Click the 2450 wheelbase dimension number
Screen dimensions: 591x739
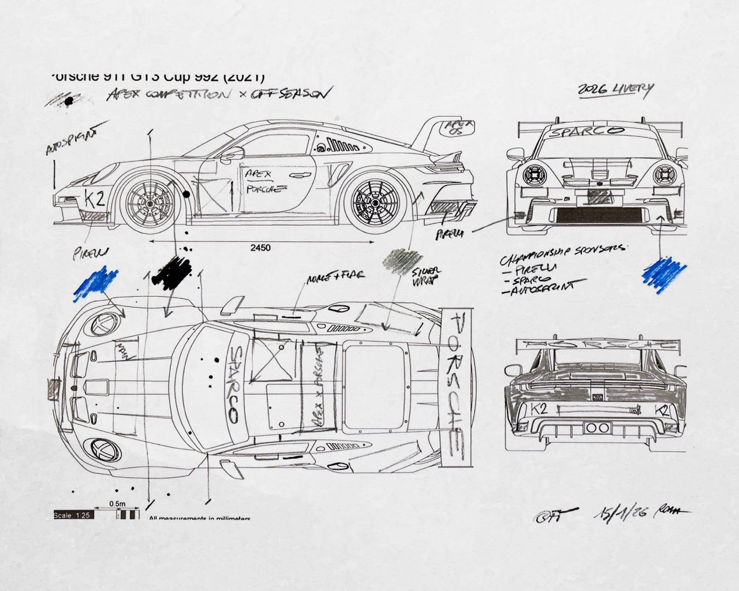(261, 248)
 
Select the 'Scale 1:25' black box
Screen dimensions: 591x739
(73, 515)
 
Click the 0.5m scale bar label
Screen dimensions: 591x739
(118, 504)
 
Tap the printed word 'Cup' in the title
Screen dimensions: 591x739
(188, 77)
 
